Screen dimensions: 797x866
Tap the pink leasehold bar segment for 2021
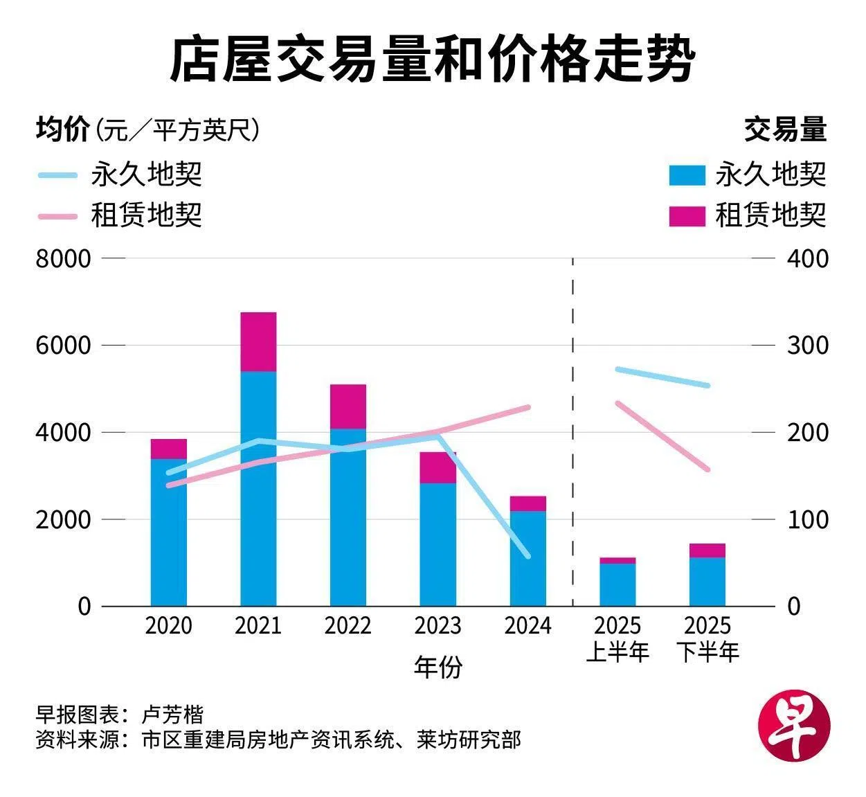pos(258,342)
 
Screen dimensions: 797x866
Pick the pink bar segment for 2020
pos(168,449)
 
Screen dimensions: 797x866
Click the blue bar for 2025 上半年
pos(617,585)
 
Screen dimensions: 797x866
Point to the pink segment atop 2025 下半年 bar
pos(707,550)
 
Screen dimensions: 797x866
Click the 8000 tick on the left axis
pos(63,259)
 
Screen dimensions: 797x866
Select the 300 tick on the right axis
pos(807,345)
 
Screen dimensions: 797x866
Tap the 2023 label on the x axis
pos(437,626)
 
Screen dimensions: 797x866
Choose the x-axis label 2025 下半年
pos(707,638)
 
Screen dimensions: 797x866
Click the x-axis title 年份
pos(437,667)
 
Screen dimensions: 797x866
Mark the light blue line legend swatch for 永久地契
pos(57,175)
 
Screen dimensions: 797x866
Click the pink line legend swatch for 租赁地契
pos(57,216)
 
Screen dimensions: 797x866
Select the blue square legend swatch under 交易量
pos(687,175)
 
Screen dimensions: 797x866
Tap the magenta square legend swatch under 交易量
pos(687,216)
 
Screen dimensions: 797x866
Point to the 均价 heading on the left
pos(62,130)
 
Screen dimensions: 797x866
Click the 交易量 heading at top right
pos(785,130)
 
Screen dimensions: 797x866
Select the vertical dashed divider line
pos(572,429)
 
